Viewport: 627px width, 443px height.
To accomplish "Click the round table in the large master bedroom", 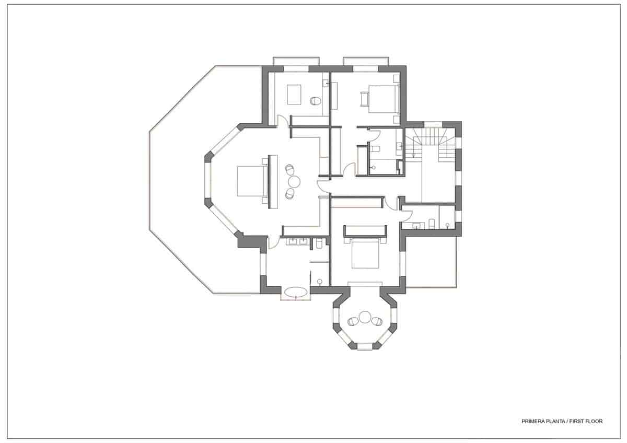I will point(294,181).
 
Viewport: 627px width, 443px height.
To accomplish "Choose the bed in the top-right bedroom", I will point(384,99).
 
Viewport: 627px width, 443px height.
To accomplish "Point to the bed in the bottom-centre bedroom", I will point(365,252).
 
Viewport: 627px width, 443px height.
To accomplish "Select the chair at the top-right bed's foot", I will point(363,98).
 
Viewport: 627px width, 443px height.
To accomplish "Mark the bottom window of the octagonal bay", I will point(365,346).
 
